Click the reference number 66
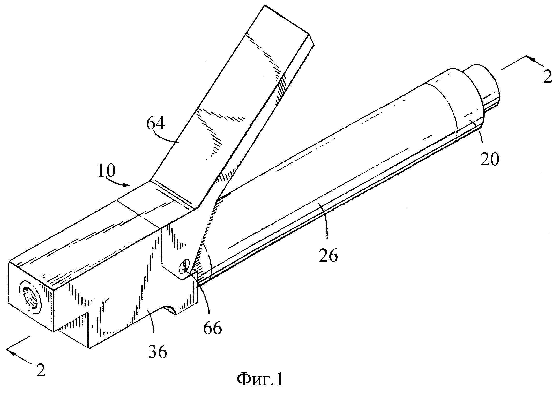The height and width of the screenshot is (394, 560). click(213, 328)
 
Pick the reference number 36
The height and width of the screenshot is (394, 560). click(158, 351)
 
